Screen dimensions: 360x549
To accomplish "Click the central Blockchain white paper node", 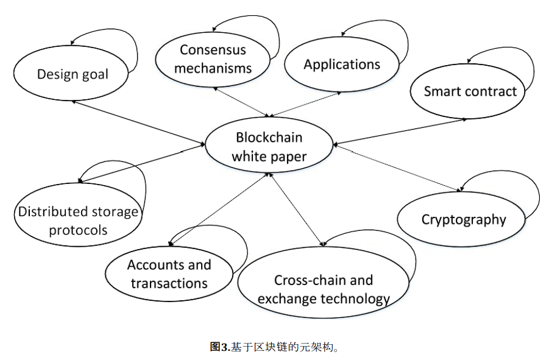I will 269,147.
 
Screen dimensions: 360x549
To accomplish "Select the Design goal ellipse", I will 73,74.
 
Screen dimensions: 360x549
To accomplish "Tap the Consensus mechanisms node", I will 212,59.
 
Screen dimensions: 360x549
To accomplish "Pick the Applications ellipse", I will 342,65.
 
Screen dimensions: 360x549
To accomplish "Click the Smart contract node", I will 470,91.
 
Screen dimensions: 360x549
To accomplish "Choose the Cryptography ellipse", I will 463,219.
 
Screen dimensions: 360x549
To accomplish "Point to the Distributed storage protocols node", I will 78,221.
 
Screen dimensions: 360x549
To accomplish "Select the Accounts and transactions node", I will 169,274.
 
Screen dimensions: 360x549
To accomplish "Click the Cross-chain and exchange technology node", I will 323,289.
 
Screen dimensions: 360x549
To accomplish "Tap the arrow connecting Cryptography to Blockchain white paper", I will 396,167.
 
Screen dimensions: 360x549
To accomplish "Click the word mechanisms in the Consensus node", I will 213,68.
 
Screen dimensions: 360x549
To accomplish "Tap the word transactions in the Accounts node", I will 169,283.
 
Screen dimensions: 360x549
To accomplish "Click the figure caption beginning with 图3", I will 274,347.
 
